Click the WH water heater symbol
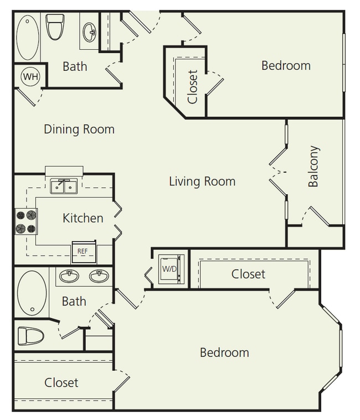point(30,76)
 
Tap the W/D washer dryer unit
point(169,268)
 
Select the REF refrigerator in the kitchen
point(83,251)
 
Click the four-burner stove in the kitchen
point(25,221)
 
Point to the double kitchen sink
point(64,187)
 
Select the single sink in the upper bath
point(89,32)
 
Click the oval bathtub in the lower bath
point(32,293)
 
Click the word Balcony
point(313,166)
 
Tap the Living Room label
point(202,181)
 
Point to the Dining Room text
point(79,129)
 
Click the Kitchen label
point(83,218)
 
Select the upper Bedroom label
point(286,65)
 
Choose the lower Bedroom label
point(224,352)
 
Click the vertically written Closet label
point(193,86)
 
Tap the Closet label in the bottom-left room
point(61,382)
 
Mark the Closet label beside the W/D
point(248,274)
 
